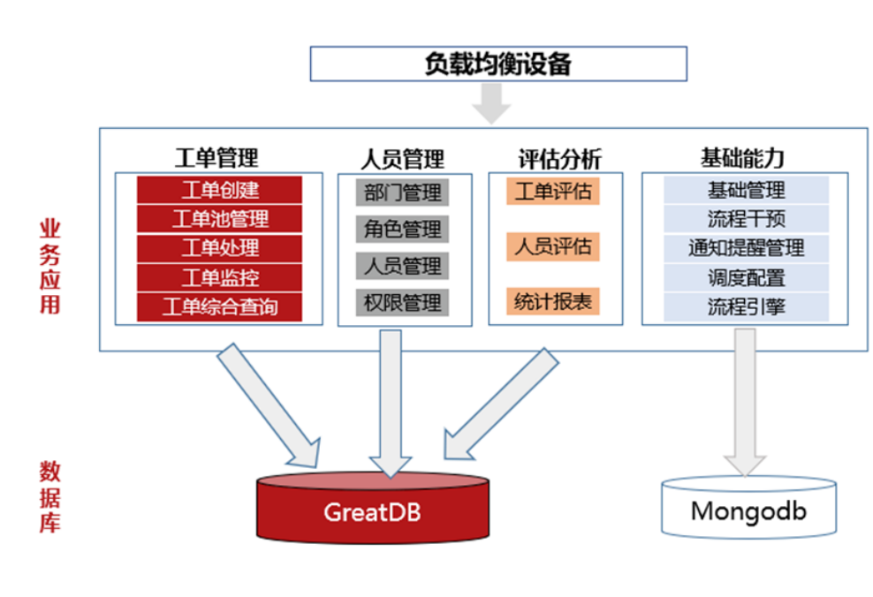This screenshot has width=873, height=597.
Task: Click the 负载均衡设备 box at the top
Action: point(497,64)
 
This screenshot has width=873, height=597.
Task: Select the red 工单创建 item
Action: point(219,190)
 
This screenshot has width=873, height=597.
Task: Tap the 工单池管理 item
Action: point(219,219)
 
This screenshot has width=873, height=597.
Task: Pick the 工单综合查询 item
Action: point(219,306)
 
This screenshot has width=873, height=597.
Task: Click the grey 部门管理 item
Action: point(402,192)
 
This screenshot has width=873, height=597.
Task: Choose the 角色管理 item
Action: point(402,230)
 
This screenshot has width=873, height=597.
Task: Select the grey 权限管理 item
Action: point(402,303)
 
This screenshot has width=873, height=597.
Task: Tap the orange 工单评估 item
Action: point(553,192)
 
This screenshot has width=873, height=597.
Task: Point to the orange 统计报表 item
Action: point(553,302)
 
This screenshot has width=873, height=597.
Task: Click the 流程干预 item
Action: point(746,218)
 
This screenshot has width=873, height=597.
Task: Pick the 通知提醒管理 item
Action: point(746,247)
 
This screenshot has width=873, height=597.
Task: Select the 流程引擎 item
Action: point(746,306)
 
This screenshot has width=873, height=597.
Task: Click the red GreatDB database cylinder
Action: point(372,510)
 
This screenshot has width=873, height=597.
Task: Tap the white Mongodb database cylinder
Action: point(748,510)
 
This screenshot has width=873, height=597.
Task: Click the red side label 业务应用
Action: point(49,268)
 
